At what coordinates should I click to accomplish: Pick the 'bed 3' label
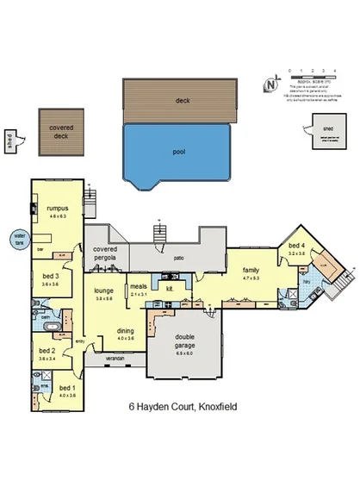(x=50, y=277)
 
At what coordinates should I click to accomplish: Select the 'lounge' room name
(x=104, y=291)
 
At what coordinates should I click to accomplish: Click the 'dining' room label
(x=125, y=331)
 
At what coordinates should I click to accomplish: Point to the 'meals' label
(x=138, y=288)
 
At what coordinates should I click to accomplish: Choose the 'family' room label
(x=251, y=270)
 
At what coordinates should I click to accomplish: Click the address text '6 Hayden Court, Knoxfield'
(x=182, y=404)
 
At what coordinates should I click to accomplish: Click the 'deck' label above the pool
(x=180, y=100)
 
